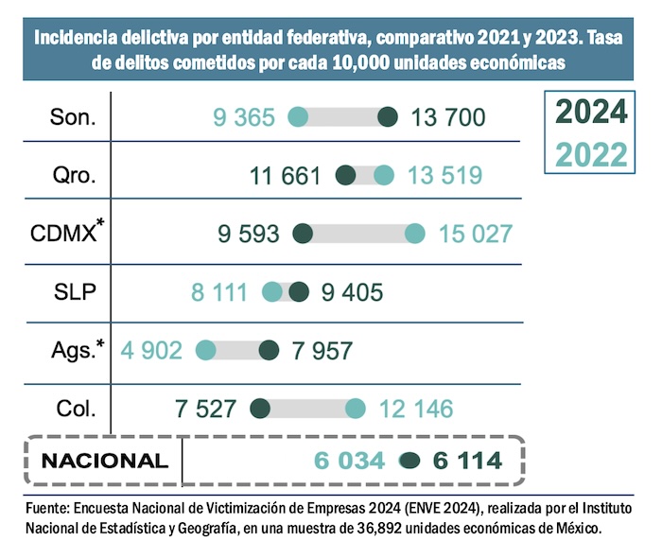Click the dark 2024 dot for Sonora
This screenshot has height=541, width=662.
click(387, 117)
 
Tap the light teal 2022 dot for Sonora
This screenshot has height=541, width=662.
click(298, 117)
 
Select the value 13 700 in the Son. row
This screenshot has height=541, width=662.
click(449, 117)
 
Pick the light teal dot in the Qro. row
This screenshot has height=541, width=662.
click(383, 176)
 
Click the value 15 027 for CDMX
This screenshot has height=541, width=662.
click(476, 234)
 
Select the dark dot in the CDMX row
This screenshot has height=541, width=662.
click(304, 234)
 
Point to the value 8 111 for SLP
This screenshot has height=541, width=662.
click(222, 292)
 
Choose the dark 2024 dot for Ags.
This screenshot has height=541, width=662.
click(269, 351)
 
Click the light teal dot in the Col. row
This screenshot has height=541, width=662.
click(356, 409)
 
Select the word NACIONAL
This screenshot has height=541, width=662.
click(105, 462)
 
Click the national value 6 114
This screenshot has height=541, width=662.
click(467, 462)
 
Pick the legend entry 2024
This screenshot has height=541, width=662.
click(591, 113)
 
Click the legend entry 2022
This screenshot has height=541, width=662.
click(591, 152)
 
